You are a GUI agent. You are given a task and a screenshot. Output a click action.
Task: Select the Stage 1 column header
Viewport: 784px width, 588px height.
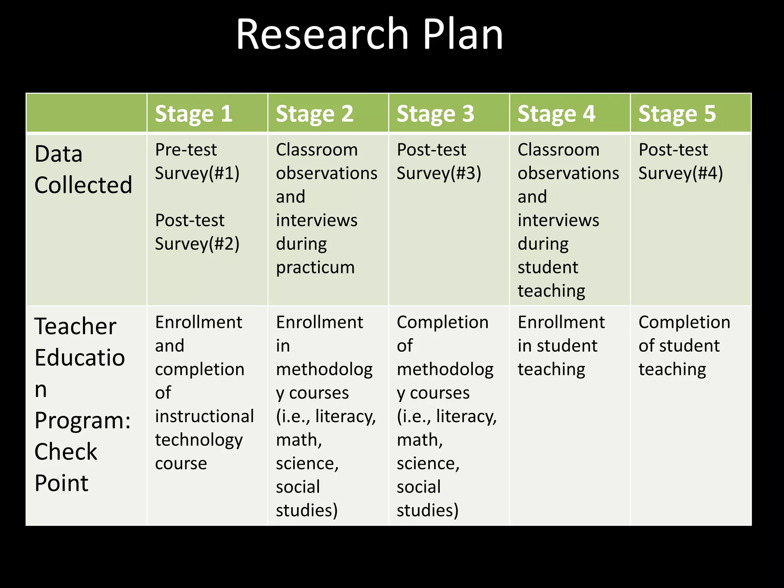coord(194,114)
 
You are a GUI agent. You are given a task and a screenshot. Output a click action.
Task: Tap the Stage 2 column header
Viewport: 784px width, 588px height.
coord(315,114)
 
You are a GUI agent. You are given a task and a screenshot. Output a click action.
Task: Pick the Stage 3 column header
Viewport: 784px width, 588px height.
coord(436,114)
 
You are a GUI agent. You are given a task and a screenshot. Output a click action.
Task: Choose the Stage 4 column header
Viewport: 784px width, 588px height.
coord(557,114)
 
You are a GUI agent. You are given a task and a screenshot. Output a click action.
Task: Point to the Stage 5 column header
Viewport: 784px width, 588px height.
coord(677,114)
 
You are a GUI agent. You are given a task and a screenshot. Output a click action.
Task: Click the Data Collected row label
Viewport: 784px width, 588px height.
coord(83,170)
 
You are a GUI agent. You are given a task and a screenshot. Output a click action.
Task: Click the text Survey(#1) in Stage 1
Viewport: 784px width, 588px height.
coord(197,173)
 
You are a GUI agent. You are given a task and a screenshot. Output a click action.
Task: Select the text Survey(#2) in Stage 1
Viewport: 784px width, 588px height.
coord(197,244)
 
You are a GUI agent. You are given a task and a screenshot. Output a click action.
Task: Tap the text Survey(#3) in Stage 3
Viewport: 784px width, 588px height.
coord(439,173)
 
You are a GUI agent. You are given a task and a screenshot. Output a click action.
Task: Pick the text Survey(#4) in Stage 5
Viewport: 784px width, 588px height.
coord(681,173)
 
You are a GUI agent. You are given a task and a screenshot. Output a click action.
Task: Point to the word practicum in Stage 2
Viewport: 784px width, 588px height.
coord(315,268)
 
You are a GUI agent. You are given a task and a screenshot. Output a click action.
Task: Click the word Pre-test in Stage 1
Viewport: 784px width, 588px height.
coord(186,150)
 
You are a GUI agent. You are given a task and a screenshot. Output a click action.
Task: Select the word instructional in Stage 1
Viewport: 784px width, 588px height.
coord(204,416)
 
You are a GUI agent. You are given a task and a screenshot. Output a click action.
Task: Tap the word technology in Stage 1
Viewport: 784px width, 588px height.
coord(199,440)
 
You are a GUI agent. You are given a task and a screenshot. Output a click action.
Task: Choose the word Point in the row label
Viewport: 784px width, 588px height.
coord(61,483)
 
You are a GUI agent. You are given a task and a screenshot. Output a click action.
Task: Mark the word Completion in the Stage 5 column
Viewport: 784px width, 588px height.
coord(684,322)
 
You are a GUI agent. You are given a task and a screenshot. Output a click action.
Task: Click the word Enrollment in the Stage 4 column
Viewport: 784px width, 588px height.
coord(561,322)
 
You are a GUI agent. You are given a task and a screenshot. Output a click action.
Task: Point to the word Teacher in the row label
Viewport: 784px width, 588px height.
coord(75,327)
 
